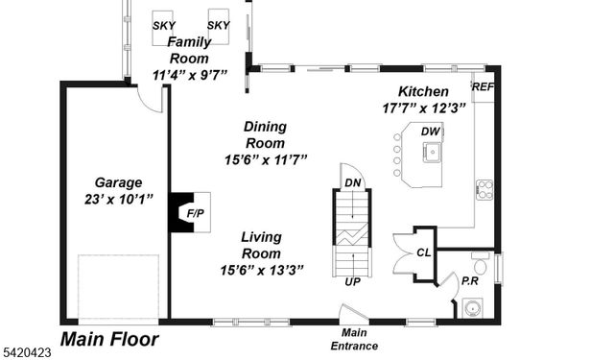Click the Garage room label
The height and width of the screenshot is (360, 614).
(119, 181)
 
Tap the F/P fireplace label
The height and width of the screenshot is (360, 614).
(194, 213)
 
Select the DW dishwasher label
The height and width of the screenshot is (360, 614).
(431, 131)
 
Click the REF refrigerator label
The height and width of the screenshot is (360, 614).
(483, 86)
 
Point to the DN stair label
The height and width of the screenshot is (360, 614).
(354, 182)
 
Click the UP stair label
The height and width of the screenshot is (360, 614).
(353, 282)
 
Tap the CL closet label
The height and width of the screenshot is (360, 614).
(423, 252)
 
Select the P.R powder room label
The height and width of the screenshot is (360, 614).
(470, 281)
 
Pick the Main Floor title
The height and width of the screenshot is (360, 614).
(110, 339)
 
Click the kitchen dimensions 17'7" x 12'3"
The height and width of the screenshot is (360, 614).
(424, 108)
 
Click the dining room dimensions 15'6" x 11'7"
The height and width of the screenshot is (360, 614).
(264, 160)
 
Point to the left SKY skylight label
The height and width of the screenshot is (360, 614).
(164, 25)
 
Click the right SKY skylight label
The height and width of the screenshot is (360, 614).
(219, 25)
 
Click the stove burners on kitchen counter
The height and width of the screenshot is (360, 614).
(485, 190)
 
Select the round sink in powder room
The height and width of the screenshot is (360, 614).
(472, 308)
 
